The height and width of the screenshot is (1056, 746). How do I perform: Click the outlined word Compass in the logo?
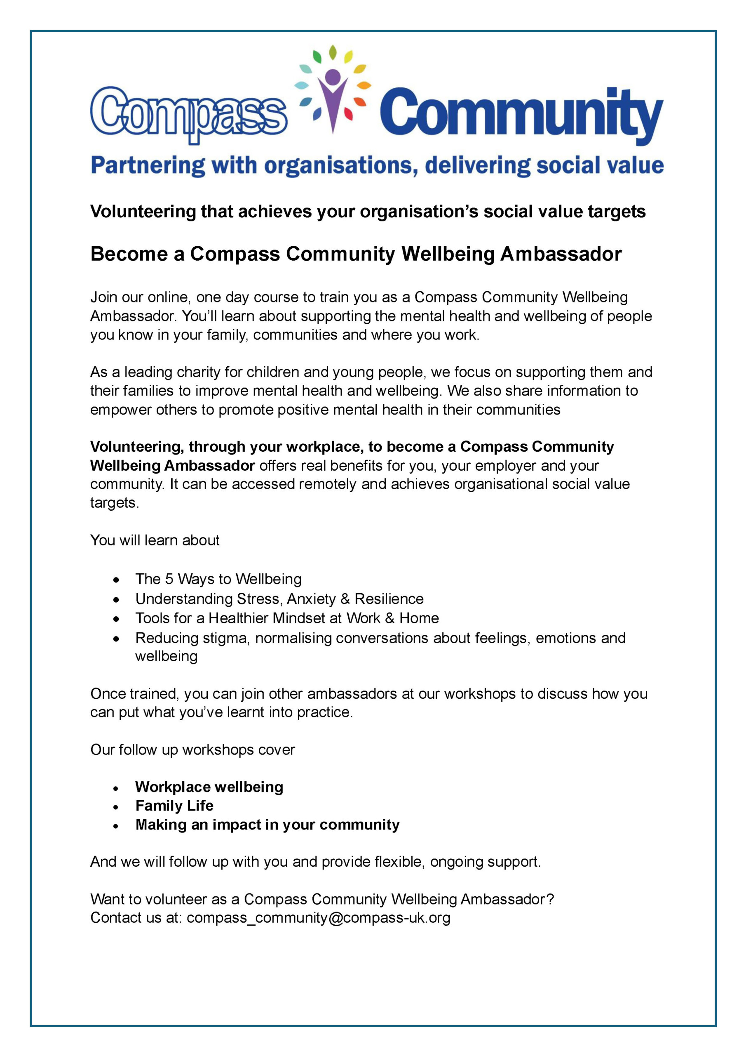(x=188, y=113)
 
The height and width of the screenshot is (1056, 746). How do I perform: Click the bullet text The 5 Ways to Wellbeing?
(x=218, y=579)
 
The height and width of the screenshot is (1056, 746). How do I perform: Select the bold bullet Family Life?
(x=174, y=806)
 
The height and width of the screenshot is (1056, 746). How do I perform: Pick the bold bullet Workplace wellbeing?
(x=209, y=787)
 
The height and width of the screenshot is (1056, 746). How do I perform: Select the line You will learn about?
(x=155, y=540)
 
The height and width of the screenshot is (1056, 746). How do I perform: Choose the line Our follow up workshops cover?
(x=192, y=750)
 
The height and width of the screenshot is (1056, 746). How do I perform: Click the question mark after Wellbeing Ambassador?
(x=550, y=899)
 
